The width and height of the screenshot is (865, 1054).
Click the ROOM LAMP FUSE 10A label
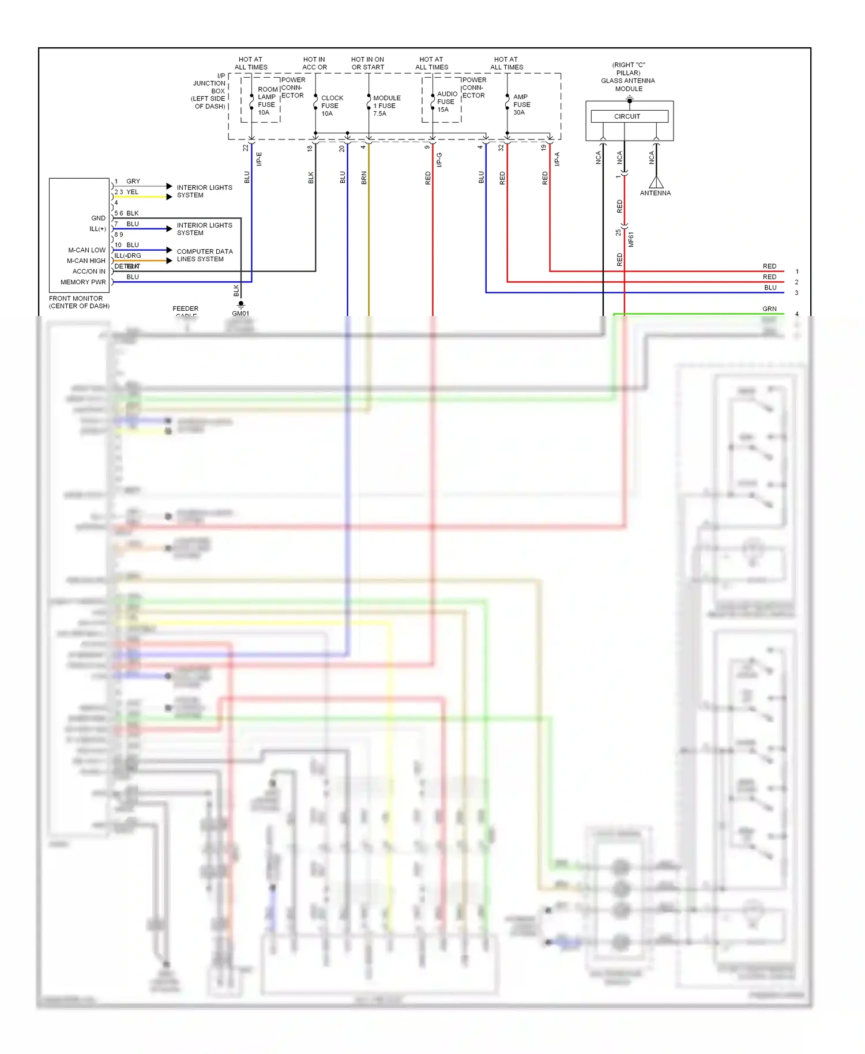[x=266, y=101]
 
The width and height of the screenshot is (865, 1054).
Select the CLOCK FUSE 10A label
[x=332, y=106]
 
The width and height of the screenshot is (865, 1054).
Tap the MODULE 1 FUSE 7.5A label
[x=386, y=106]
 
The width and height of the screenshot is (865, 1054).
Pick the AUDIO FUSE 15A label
[x=446, y=101]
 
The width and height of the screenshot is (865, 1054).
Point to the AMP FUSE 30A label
[x=521, y=104]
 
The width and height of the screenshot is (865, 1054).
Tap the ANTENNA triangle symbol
[x=656, y=183]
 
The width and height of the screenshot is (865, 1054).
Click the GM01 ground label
[x=240, y=313]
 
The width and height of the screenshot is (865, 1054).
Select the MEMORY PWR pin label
[x=83, y=282]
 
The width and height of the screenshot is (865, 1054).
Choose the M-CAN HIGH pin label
[x=86, y=261]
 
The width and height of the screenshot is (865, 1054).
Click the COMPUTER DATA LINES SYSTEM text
[x=204, y=255]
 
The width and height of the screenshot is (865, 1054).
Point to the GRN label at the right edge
[x=769, y=308]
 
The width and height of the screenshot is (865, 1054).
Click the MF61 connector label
[x=631, y=239]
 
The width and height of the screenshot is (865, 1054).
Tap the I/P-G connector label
[x=439, y=160]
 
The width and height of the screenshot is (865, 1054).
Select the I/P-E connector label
[x=259, y=159]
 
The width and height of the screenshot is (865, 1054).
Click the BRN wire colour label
[x=364, y=178]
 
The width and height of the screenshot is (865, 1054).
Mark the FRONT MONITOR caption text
[x=78, y=302]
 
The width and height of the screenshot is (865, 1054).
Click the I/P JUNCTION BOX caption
[x=209, y=91]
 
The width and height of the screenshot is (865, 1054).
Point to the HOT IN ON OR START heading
[x=367, y=63]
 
